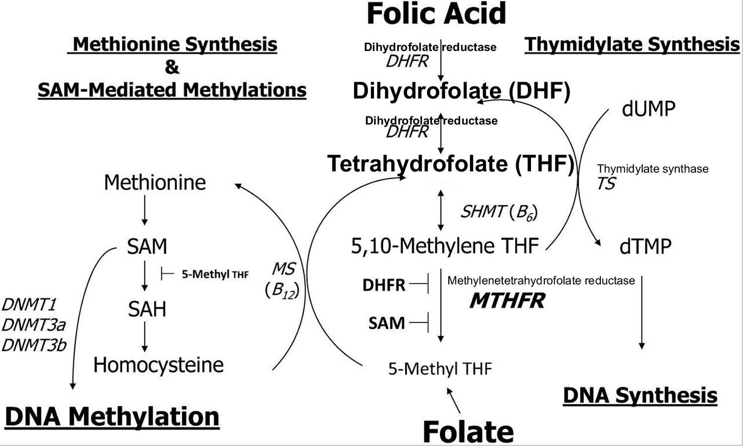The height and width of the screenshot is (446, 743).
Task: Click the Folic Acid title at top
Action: pos(436,14)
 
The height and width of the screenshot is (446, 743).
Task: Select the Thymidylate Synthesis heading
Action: pos(632,45)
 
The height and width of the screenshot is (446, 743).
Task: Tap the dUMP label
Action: pos(648,109)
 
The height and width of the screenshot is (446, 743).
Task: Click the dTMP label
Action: pos(645,246)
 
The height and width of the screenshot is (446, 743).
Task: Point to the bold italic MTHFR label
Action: pos(507,300)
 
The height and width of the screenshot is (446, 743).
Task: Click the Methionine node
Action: pos(155,183)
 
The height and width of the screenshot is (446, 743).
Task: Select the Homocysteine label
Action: pos(159,365)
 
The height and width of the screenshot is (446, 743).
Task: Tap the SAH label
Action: pos(147,309)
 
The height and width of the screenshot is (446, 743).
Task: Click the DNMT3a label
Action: pos(34,325)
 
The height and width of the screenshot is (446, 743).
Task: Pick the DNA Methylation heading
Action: pos(112,417)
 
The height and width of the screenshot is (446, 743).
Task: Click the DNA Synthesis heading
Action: pos(640,396)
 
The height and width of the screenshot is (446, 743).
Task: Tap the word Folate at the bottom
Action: pos(468,432)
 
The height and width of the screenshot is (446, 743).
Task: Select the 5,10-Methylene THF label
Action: pos(444,246)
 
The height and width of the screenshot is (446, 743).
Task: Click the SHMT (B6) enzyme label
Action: pos(499,212)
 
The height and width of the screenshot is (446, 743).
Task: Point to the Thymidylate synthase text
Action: pos(652,169)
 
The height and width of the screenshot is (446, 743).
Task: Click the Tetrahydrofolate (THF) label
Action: pos(450,164)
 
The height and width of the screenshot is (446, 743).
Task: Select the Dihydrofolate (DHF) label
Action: pos(461,92)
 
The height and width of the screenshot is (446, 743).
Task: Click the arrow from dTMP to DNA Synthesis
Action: pos(642,312)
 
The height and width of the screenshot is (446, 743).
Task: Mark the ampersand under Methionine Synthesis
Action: pos(172,67)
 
